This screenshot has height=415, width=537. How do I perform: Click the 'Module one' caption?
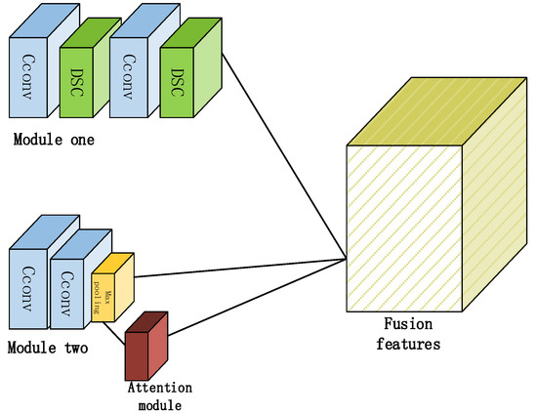(54, 140)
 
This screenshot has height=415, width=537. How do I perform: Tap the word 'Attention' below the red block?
(160, 387)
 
